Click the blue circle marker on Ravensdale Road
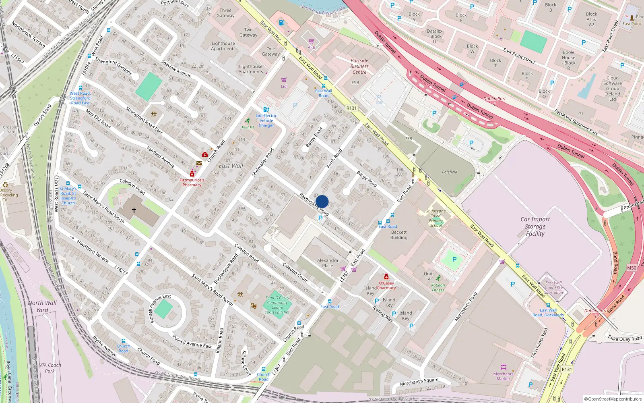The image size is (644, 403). (x=322, y=201)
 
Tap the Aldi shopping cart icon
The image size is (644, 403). (x=311, y=42)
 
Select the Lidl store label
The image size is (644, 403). (x=284, y=86)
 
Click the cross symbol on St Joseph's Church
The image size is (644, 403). (x=134, y=210)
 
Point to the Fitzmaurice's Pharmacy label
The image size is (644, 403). (x=192, y=183)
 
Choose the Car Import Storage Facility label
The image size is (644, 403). (x=535, y=226)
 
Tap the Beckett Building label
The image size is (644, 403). (x=398, y=235)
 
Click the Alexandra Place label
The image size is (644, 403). (x=328, y=263)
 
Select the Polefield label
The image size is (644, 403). (x=450, y=172)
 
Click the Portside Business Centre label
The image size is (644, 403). (x=359, y=66)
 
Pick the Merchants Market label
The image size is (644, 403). (x=503, y=376)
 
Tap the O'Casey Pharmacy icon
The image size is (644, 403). (x=386, y=276)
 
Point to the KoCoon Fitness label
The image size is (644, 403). (x=438, y=287)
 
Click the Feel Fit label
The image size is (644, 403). (x=248, y=127)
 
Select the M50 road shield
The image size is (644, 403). (x=632, y=268)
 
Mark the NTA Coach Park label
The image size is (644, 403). (x=50, y=368)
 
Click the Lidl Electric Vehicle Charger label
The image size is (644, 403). (x=266, y=120)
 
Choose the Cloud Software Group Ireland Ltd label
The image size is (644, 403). (x=612, y=89)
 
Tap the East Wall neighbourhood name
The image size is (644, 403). (x=231, y=166)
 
